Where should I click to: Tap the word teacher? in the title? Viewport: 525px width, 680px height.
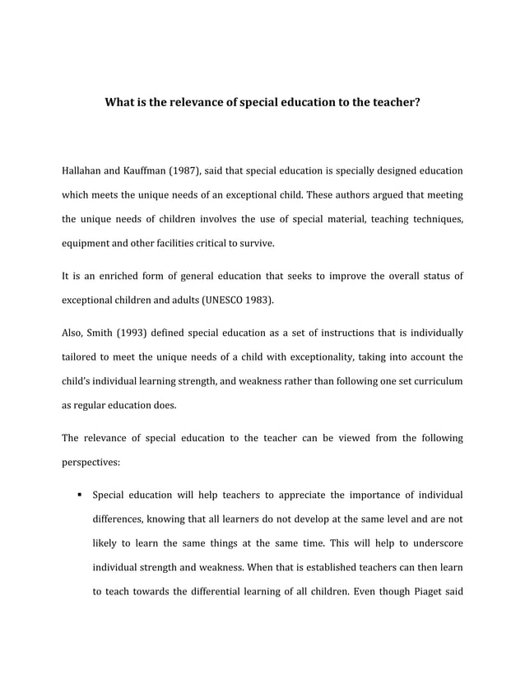pos(394,105)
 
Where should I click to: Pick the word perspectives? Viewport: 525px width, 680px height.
pos(91,463)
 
